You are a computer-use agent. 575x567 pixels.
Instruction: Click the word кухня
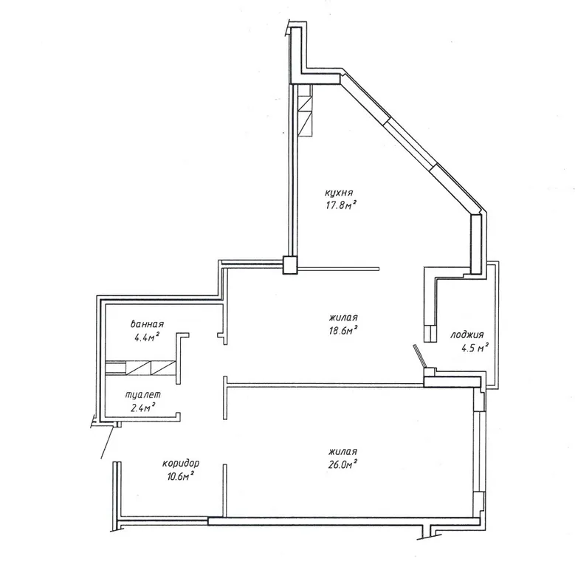[339, 193]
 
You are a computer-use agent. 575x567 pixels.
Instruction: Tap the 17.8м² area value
[341, 205]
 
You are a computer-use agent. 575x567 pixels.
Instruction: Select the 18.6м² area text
[343, 331]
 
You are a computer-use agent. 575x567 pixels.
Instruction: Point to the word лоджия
[466, 335]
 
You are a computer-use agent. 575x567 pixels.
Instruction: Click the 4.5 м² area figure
[475, 347]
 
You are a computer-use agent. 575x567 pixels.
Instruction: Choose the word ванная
[147, 324]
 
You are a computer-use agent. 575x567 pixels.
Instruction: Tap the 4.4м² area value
[147, 337]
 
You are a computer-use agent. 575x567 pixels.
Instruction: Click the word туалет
[143, 395]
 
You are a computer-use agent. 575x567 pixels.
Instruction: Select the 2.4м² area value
[143, 407]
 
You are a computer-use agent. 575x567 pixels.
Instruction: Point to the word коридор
[181, 464]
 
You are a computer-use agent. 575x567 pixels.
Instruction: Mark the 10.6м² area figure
[179, 476]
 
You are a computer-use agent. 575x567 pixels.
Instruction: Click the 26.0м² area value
[343, 464]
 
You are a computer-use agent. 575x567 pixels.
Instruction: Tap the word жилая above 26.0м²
[343, 452]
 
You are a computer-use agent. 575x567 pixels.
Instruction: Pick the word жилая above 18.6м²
[344, 317]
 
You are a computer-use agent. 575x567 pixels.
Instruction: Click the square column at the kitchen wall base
[289, 265]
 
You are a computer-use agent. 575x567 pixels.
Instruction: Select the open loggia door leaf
[419, 355]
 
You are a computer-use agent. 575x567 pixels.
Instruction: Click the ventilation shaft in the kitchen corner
[305, 111]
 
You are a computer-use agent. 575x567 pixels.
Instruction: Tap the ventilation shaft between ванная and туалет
[140, 368]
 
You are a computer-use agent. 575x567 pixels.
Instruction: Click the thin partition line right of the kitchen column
[338, 269]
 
